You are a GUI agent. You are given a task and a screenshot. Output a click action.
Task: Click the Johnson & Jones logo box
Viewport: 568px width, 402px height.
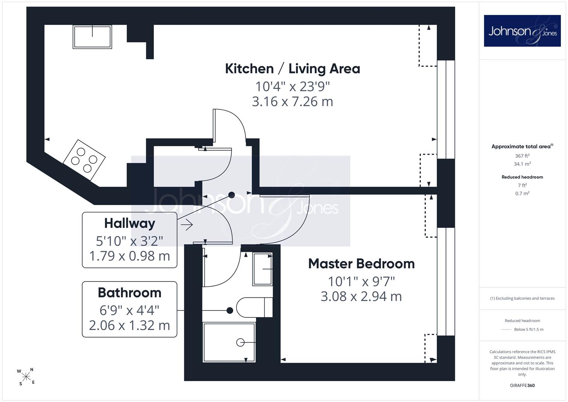(x=522, y=31)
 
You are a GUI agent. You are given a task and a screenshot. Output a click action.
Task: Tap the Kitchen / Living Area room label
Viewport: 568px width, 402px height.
(x=292, y=69)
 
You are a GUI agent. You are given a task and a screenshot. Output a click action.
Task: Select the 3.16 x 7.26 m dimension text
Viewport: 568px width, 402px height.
(x=292, y=102)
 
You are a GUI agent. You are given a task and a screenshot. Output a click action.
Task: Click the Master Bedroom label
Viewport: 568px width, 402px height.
(x=361, y=264)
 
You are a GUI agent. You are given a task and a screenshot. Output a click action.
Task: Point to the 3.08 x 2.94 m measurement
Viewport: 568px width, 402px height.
(x=361, y=296)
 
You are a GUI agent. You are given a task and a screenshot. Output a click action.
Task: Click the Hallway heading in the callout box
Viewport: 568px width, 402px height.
(x=129, y=224)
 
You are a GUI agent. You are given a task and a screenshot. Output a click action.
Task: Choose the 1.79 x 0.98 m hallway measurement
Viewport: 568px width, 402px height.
(x=129, y=256)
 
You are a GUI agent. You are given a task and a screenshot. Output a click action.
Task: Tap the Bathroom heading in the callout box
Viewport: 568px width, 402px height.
(x=129, y=293)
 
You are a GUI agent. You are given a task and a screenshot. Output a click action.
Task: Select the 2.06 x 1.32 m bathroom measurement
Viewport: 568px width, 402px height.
(x=129, y=325)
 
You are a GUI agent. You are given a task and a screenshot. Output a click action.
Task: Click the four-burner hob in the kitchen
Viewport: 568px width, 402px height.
(x=84, y=160)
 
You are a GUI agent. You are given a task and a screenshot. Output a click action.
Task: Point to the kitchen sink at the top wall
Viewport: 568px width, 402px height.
(x=92, y=36)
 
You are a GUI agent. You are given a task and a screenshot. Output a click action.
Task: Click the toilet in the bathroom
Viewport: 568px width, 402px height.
(x=254, y=307)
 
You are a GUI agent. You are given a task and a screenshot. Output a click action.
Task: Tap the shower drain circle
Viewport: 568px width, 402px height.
(x=240, y=342)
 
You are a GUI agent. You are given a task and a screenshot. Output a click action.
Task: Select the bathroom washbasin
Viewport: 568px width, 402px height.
(x=263, y=269)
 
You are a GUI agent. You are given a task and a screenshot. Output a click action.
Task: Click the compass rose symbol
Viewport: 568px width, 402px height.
(x=26, y=377)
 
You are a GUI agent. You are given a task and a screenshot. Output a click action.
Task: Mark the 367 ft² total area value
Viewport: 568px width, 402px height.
(x=522, y=156)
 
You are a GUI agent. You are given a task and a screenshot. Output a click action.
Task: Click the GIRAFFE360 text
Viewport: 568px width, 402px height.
(x=522, y=386)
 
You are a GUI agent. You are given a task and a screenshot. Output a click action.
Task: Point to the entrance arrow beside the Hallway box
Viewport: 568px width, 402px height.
(x=187, y=224)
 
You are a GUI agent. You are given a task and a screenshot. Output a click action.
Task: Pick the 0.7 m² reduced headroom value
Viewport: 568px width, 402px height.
(x=522, y=194)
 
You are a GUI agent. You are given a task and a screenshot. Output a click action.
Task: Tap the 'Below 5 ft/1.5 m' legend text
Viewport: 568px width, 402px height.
(x=529, y=329)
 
